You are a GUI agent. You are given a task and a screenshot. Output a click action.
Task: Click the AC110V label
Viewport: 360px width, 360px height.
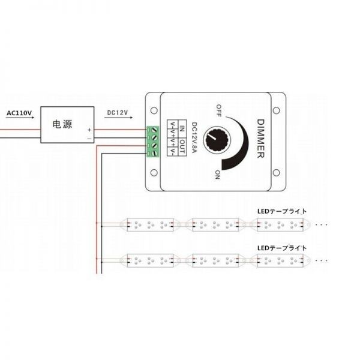tap(19, 113)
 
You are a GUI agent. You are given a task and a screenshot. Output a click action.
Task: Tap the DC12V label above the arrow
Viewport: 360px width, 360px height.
tap(118, 113)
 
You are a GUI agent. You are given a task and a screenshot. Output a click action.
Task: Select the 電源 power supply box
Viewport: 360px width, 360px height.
tap(67, 125)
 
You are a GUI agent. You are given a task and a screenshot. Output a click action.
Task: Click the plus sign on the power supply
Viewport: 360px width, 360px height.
tap(89, 130)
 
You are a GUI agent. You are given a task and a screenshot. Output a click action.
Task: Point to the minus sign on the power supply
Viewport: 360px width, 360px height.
tap(89, 139)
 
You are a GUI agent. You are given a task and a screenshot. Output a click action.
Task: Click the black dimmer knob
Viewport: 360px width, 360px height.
tap(217, 140)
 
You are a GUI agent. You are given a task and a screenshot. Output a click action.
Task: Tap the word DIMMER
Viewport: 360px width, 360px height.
tap(261, 139)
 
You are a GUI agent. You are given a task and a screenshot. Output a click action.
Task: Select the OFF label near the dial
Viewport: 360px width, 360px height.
tap(219, 111)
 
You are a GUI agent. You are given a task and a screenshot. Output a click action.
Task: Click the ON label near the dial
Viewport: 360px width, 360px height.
tap(217, 175)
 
